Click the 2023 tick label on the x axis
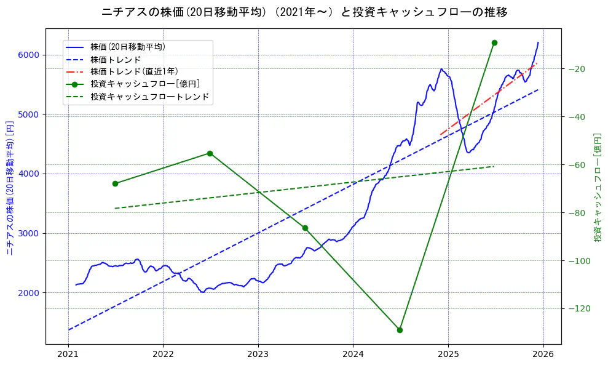(258, 355)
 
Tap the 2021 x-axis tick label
(68, 355)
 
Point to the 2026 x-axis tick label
(543, 355)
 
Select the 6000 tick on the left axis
(28, 55)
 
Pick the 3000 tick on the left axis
(28, 233)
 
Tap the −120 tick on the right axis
(578, 308)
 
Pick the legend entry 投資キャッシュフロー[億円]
(144, 84)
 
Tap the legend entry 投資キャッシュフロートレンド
(149, 97)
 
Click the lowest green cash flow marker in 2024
(400, 330)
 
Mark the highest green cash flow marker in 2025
(494, 42)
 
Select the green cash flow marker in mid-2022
(210, 153)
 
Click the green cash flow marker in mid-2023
(305, 228)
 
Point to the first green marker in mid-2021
(115, 183)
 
